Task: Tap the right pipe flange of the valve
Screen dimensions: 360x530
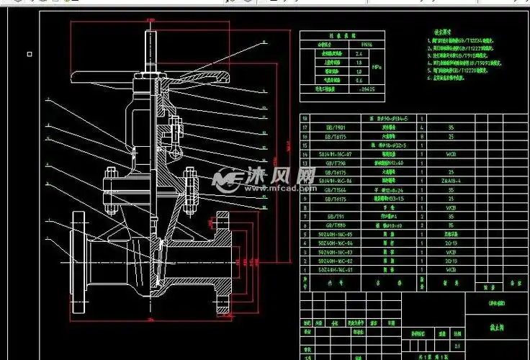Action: [x=223, y=264]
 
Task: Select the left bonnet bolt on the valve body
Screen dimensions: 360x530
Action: [x=110, y=191]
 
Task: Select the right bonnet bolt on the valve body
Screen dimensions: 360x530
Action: [x=191, y=189]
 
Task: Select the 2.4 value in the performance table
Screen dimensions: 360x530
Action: [x=359, y=53]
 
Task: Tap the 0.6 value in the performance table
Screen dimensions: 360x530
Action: [x=359, y=80]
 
